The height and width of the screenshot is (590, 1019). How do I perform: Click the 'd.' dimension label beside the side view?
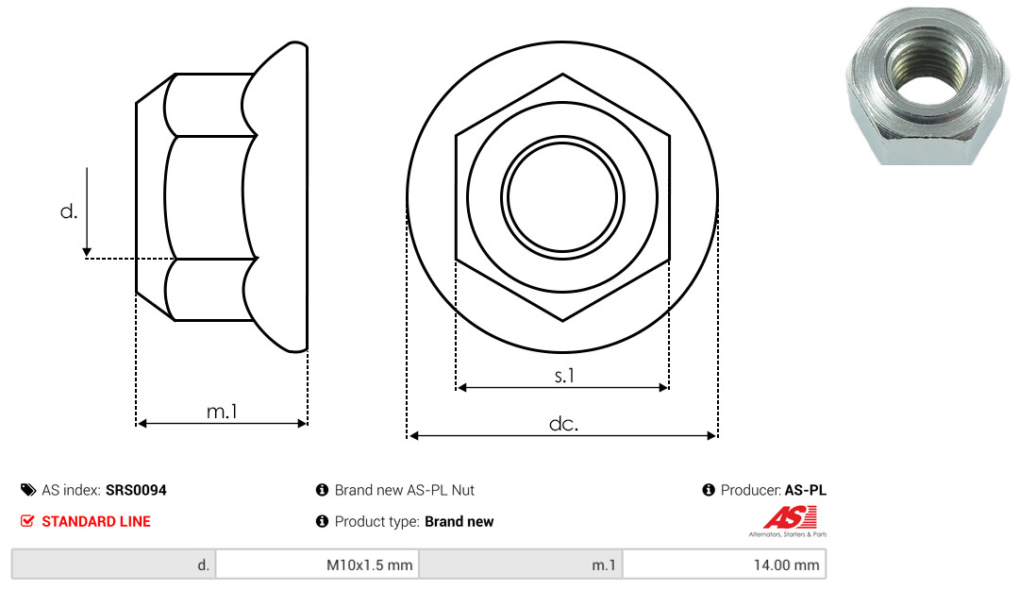pos(68,211)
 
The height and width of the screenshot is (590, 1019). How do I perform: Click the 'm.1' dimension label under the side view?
pos(222,412)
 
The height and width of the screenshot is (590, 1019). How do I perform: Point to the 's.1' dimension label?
pos(564,376)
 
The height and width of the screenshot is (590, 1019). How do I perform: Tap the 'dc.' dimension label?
pos(563,424)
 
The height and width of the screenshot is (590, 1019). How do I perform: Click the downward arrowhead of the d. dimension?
pos(87,252)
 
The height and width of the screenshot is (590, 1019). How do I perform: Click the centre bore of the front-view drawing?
pos(562,197)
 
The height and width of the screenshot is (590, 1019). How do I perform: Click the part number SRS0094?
pos(136,490)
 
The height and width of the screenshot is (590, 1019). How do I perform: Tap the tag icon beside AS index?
pos(28,490)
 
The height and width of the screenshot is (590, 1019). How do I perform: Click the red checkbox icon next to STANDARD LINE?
pos(27,521)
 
